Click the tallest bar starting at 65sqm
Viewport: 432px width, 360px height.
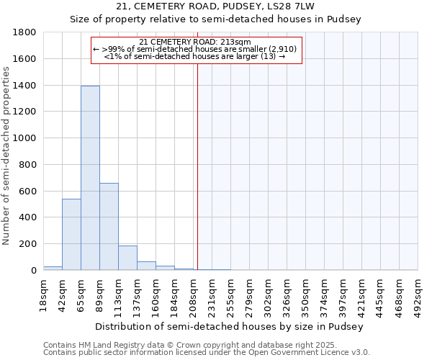click(x=90, y=178)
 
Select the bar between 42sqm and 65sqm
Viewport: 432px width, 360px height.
click(x=71, y=234)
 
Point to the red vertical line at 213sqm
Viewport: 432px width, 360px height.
click(x=197, y=158)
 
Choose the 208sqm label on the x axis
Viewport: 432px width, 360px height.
click(x=193, y=294)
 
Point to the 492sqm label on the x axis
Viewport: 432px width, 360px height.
click(x=418, y=294)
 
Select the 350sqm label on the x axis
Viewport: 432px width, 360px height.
click(x=305, y=294)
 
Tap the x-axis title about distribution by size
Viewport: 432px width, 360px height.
click(x=230, y=326)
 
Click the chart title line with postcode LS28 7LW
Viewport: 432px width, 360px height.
click(x=215, y=6)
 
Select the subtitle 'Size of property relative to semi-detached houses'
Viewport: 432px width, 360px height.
click(x=215, y=19)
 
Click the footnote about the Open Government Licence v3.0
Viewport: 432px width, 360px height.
click(x=207, y=353)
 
